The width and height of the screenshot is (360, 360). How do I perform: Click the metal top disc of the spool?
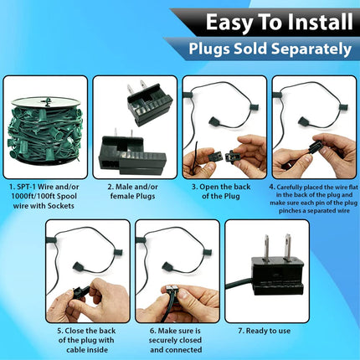pyautogui.click(x=45, y=101)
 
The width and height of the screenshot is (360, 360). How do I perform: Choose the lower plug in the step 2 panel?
pyautogui.click(x=132, y=153)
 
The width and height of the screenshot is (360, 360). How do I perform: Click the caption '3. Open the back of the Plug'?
pyautogui.click(x=221, y=192)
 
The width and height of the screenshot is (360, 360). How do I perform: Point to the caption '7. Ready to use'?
pyautogui.click(x=265, y=331)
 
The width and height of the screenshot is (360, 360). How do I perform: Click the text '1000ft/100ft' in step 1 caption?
pyautogui.click(x=30, y=196)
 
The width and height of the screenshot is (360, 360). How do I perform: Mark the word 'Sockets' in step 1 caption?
pyautogui.click(x=61, y=206)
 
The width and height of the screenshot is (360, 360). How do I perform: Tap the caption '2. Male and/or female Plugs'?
pyautogui.click(x=133, y=192)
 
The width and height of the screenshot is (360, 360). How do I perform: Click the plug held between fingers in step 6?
pyautogui.click(x=171, y=294)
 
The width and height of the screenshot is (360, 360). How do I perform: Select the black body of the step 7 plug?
pyautogui.click(x=277, y=276)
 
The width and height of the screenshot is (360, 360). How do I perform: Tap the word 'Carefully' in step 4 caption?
pyautogui.click(x=290, y=188)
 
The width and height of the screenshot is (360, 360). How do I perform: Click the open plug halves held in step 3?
pyautogui.click(x=222, y=156)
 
